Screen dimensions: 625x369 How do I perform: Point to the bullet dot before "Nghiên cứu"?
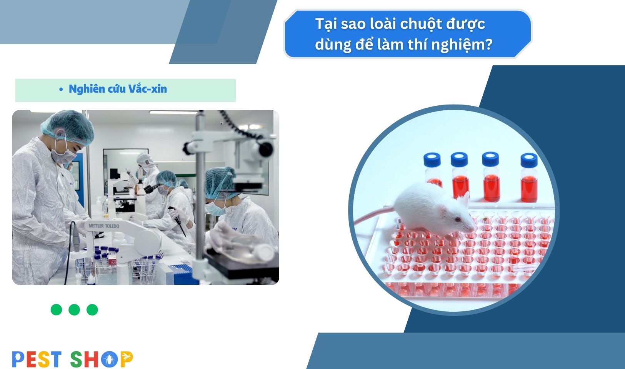point(61,89)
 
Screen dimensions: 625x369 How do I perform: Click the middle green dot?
point(74,309)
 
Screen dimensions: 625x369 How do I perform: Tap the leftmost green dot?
point(57,309)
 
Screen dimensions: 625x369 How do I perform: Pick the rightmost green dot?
point(92,309)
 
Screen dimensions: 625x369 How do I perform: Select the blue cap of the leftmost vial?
point(432,160)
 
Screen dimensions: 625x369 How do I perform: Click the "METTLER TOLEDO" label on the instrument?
point(104,226)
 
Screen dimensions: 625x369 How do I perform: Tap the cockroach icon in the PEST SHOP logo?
point(109,359)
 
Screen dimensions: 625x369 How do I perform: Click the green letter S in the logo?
point(76,359)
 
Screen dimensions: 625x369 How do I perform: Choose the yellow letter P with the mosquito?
point(127,359)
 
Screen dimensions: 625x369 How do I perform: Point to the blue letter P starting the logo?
point(18,359)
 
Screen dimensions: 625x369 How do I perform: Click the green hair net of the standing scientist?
point(68,127)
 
